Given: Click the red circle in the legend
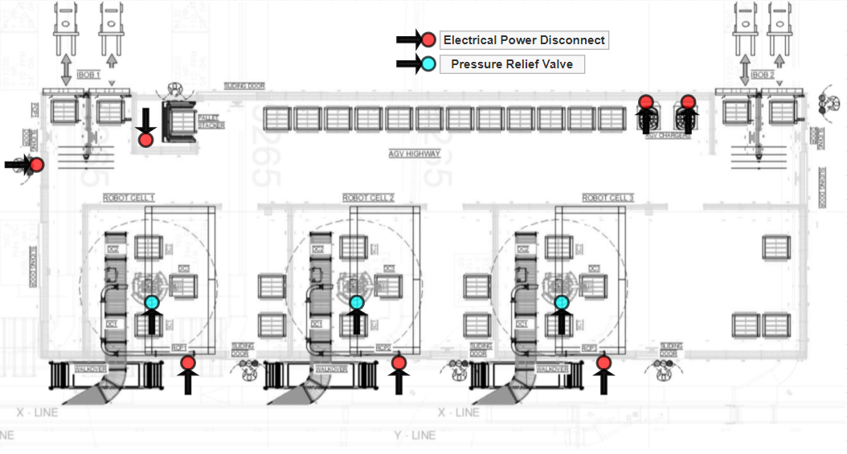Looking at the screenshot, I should (x=428, y=39).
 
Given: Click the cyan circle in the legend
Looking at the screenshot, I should (x=428, y=64).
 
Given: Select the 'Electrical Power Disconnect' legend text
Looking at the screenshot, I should (x=524, y=39).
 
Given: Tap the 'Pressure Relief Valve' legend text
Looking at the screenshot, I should (x=512, y=64).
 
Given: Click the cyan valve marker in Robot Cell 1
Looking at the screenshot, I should (x=152, y=303).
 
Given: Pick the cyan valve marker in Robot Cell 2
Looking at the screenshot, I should (x=357, y=303).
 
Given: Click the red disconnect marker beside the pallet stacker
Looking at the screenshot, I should (x=145, y=140).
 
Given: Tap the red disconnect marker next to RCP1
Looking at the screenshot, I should (x=188, y=363).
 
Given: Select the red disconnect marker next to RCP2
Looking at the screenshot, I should (x=399, y=363).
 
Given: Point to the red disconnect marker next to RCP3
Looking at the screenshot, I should (x=604, y=363).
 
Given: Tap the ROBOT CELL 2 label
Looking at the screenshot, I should (x=368, y=198).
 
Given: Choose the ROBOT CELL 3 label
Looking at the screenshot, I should (x=608, y=198).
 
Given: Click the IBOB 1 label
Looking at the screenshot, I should (x=88, y=75).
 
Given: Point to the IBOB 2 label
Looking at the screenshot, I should (x=763, y=75).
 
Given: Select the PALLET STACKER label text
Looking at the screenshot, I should (x=211, y=121).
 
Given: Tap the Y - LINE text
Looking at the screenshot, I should (x=415, y=436).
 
